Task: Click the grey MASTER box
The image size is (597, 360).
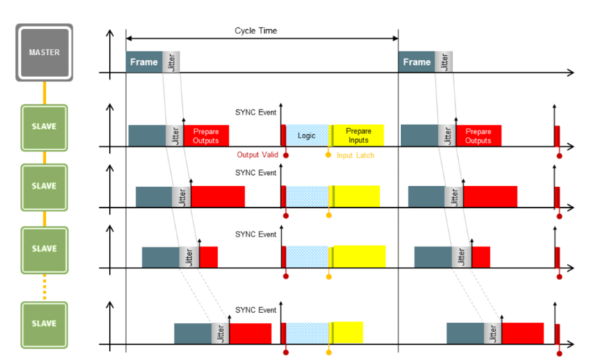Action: point(44,52)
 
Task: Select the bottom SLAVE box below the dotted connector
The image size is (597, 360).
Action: point(44,325)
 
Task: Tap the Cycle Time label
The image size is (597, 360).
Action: point(256,31)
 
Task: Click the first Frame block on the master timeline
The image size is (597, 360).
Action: point(144,62)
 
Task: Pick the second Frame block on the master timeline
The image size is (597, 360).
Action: point(416,62)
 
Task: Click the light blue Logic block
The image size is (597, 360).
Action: point(306,136)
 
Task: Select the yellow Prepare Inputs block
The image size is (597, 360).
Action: point(358,136)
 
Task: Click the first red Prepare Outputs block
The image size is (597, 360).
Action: point(206,136)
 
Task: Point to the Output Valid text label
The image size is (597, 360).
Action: point(257,155)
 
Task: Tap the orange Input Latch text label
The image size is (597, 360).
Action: point(355,155)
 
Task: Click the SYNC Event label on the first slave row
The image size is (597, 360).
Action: point(256,111)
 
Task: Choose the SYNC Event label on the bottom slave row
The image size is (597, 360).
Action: point(256,310)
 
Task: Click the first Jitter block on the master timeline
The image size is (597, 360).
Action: point(172,62)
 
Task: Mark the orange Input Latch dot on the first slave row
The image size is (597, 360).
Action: point(329,155)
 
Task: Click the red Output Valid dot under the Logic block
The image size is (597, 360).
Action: point(286,155)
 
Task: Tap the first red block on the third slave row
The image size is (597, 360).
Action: point(208,256)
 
